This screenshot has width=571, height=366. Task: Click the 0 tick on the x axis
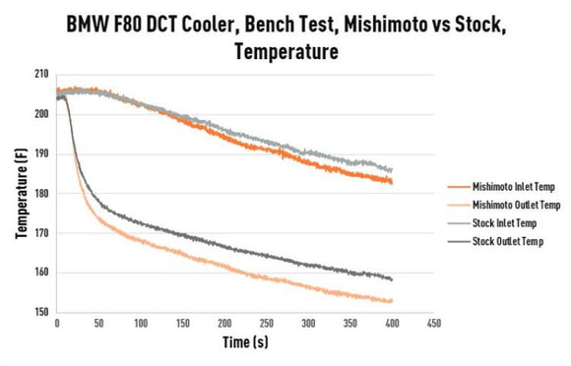57,324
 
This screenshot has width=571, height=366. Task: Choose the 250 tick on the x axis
267,324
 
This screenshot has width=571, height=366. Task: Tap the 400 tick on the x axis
393,324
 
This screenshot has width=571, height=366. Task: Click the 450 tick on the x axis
434,324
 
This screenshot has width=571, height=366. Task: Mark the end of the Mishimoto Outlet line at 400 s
393,301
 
